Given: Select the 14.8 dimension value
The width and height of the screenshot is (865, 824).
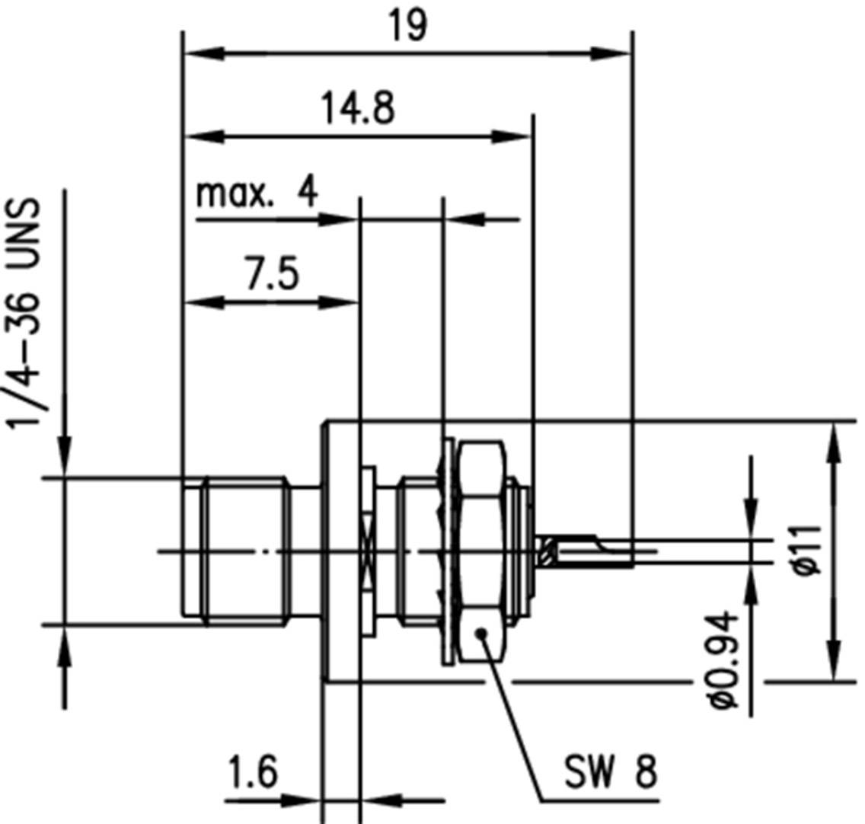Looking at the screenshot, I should coord(357,108).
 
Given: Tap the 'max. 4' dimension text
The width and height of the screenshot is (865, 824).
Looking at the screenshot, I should coord(257,193).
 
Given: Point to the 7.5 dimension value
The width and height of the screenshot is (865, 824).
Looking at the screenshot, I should coord(272,275).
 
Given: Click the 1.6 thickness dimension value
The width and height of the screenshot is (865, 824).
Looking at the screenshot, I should coord(251,773).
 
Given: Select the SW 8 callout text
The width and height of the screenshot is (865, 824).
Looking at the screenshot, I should coord(611,774).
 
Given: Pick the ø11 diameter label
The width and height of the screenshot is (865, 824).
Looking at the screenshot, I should coord(809,549).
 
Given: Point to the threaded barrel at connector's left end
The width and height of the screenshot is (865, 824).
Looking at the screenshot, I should coord(236,550).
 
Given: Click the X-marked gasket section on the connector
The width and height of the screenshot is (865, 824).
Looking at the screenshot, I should coord(369,551).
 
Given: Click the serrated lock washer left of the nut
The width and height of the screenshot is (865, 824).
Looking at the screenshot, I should coord(445,550).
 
